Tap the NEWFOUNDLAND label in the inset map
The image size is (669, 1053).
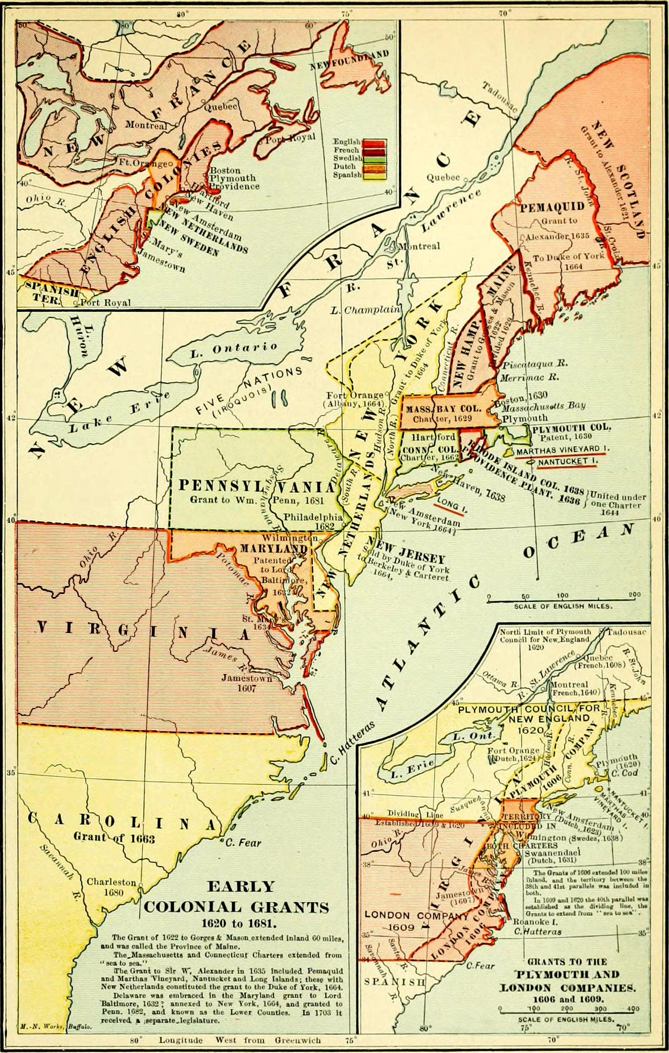click(x=350, y=59)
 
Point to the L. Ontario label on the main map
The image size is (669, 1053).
click(x=233, y=349)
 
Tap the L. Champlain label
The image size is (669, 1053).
click(x=365, y=310)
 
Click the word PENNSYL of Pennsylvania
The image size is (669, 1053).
click(x=226, y=485)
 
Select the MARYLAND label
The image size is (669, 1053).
click(x=274, y=549)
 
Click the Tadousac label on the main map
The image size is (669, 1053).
click(x=500, y=97)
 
